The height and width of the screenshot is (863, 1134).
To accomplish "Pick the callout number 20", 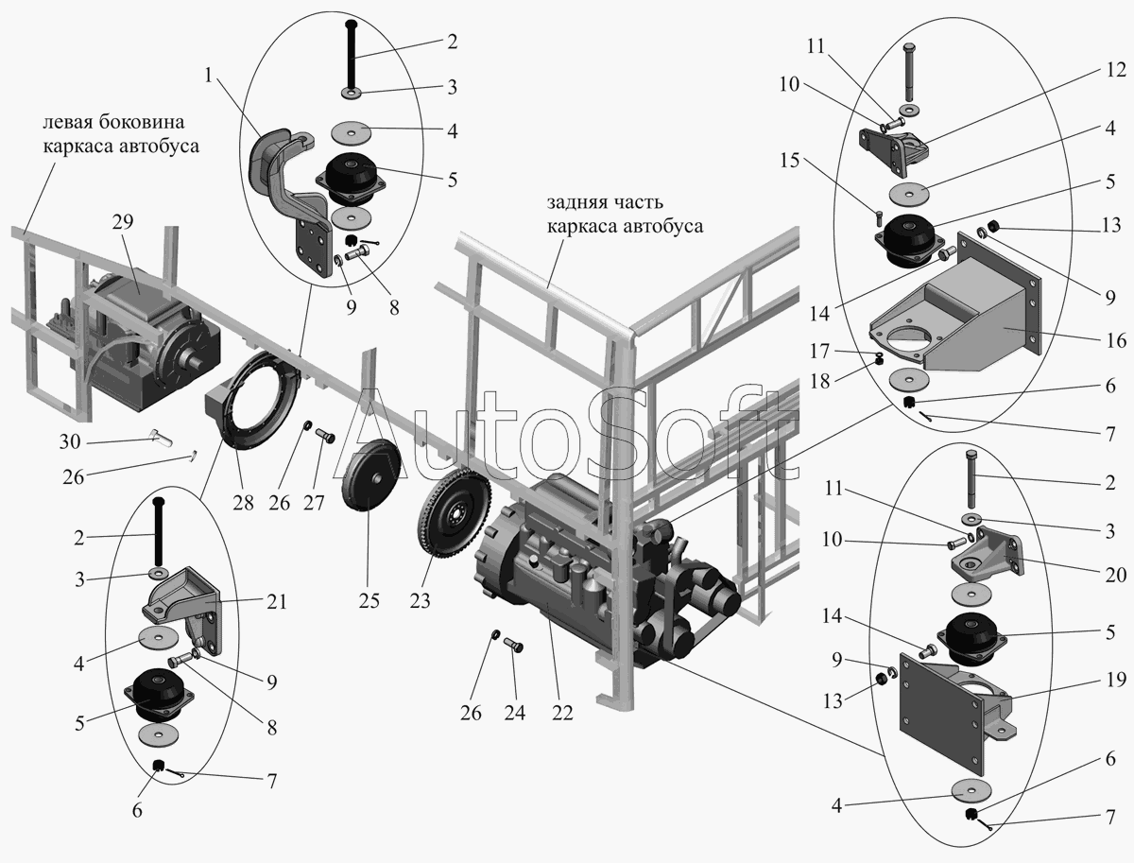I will tap(1115, 574).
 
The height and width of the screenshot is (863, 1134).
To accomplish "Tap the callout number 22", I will tap(563, 714).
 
